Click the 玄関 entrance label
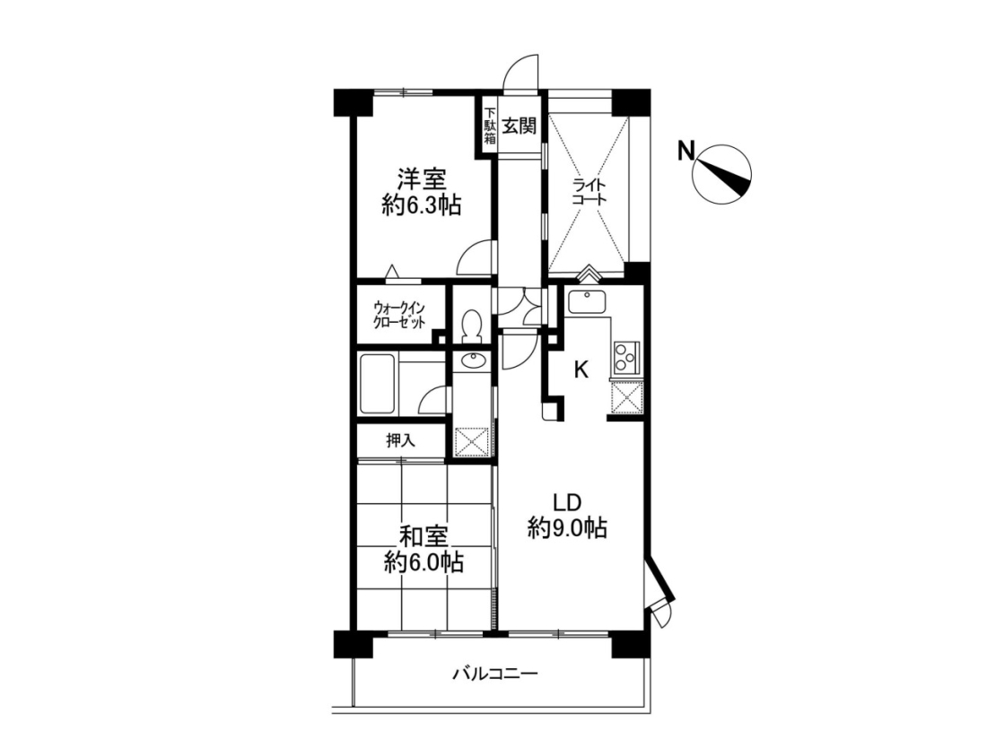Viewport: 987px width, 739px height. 520,126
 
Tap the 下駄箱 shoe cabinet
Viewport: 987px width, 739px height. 490,126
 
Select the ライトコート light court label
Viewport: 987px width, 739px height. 590,193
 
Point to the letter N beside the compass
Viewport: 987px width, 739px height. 686,151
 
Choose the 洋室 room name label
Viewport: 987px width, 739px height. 421,180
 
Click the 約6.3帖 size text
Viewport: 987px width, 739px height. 421,205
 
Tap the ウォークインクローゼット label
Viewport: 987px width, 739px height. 399,315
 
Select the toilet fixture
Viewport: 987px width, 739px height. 471,326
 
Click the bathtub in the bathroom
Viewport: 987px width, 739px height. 378,384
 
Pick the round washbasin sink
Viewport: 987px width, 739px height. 473,361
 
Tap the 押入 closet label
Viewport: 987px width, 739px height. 400,440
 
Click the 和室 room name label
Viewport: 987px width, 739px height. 424,537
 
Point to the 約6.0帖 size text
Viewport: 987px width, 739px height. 424,561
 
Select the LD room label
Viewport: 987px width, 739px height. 566,502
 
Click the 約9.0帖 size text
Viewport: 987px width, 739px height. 567,527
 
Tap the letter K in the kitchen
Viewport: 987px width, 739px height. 581,369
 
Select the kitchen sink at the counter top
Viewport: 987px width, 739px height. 588,302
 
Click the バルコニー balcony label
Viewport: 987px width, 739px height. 496,674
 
